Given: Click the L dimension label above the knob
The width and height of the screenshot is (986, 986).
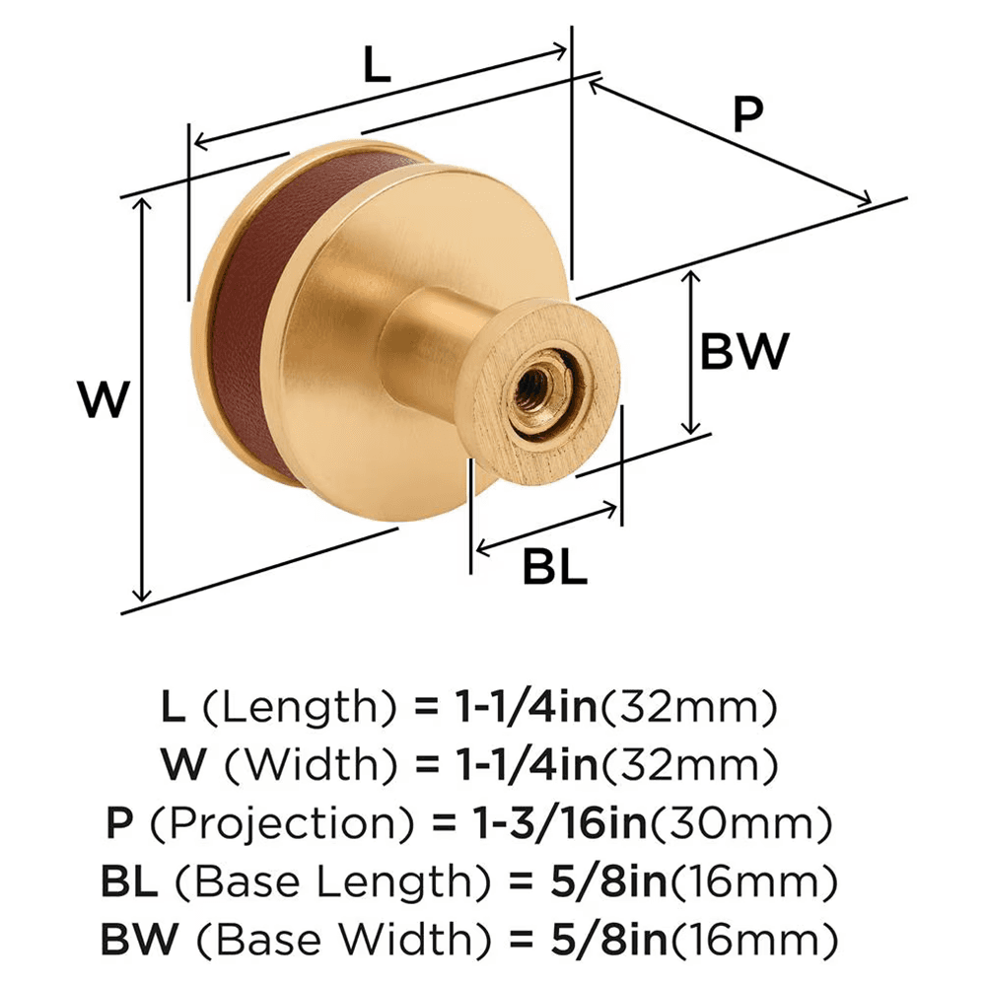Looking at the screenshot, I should coord(377,66).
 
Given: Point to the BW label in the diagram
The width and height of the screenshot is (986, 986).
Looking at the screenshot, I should coord(744,351).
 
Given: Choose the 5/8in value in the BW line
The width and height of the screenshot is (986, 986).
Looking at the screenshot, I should coord(572,934).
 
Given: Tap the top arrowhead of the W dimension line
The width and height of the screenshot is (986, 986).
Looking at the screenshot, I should coord(144,201).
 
